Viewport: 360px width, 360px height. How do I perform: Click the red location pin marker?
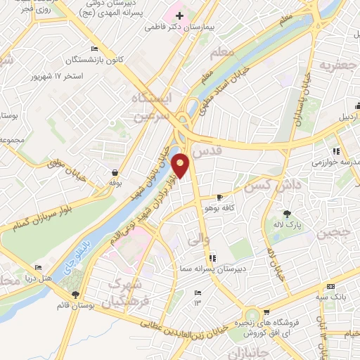tap(181, 166)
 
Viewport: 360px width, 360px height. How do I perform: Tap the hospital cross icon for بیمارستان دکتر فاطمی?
tap(179, 15)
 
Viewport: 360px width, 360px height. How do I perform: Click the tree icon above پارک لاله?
tap(286, 214)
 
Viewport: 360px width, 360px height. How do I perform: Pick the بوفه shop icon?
tap(115, 172)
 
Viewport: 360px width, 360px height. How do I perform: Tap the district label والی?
tap(198, 240)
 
